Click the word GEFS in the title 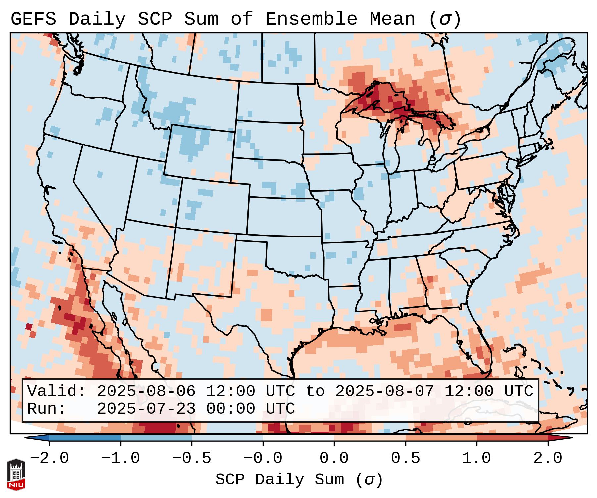tap(33, 19)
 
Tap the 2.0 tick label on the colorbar tap(548, 458)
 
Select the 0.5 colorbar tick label tap(405, 458)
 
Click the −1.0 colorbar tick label tap(120, 458)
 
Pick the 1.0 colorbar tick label tap(476, 458)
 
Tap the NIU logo tap(16, 474)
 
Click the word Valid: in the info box tap(57, 392)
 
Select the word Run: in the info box tap(47, 409)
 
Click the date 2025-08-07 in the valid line tap(384, 392)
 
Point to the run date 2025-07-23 tap(146, 409)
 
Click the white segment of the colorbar tap(298, 438)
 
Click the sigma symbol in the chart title tap(445, 20)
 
